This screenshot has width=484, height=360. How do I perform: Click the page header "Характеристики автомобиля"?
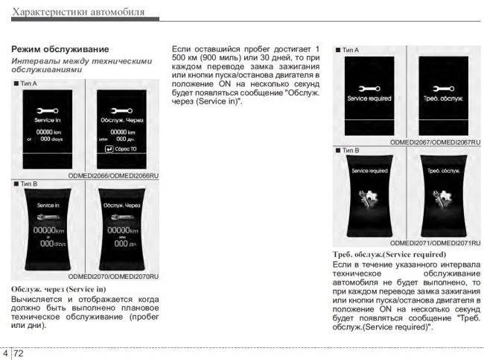[x=79, y=12]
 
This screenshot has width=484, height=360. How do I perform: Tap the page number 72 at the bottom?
[x=19, y=353]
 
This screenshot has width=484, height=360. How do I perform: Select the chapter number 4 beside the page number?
[x=6, y=353]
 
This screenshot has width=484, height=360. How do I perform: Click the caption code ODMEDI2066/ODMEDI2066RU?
[x=114, y=176]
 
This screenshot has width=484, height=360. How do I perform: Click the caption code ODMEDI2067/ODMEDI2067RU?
[x=435, y=142]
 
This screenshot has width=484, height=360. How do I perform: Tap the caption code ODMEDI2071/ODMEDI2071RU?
[x=435, y=243]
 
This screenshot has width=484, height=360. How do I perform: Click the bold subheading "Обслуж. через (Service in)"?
[x=59, y=288]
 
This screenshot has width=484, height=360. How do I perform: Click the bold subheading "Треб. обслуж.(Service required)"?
[x=389, y=255]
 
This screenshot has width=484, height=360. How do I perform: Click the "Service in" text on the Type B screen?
[x=48, y=204]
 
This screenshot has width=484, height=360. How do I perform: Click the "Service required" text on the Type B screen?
[x=369, y=171]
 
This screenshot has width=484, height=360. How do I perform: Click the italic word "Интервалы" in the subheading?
[x=34, y=60]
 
